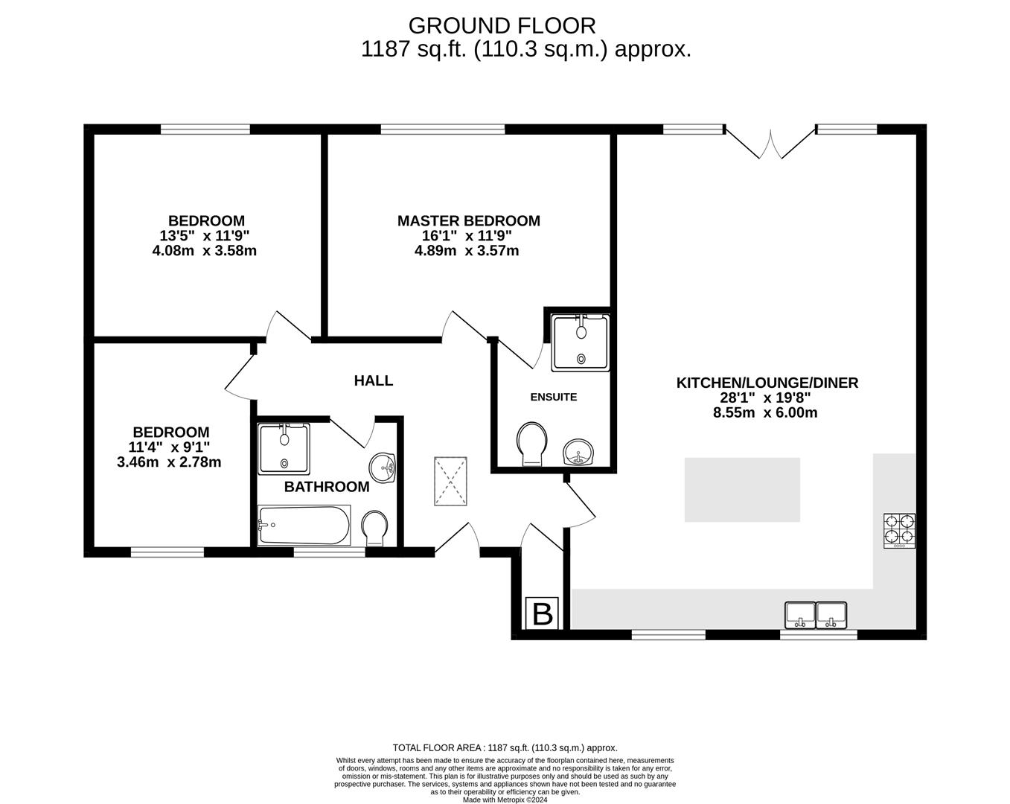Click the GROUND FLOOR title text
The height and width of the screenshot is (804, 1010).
coord(502,25)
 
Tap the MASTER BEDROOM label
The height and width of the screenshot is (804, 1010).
coord(468,220)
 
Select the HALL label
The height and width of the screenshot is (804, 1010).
coord(373,380)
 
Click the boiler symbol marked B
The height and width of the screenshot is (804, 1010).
coord(543,614)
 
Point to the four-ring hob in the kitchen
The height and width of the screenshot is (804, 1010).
coord(899,531)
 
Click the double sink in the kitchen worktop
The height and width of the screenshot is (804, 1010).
coord(816,614)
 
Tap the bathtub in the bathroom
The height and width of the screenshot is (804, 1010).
coord(304,526)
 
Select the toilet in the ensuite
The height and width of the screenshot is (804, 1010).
coord(531,444)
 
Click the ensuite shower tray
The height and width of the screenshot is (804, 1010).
coord(580,342)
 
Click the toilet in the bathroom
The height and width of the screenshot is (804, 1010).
coord(374,528)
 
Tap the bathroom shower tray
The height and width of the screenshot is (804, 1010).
coord(283,448)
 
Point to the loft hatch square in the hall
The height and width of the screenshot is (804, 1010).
coord(450,481)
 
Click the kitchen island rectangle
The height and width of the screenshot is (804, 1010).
coord(742,489)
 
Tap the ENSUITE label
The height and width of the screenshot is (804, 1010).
coord(553,397)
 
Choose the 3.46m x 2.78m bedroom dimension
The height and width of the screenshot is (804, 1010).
coord(169,462)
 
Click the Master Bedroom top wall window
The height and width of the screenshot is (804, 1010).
coord(442,130)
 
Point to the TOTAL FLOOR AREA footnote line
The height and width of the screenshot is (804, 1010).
coord(505,747)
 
